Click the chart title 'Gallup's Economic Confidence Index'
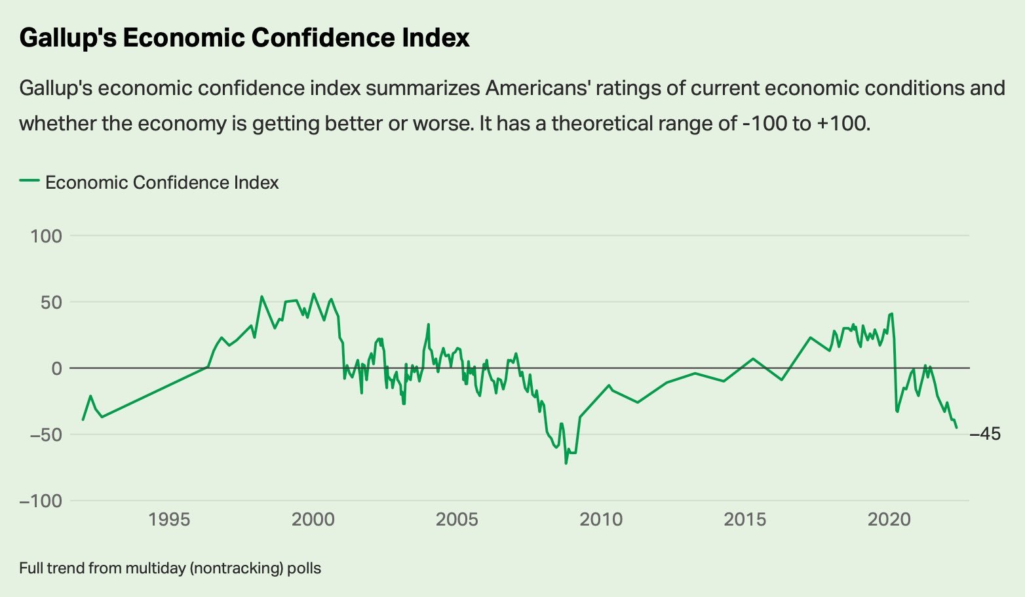coord(244,38)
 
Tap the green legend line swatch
coord(29,182)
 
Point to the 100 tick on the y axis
coord(46,236)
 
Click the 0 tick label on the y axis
coord(57,368)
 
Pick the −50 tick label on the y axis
coord(41,434)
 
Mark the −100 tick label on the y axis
coord(41,501)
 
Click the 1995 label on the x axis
coord(169,520)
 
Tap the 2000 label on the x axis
coord(313,520)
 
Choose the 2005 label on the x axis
coord(457,520)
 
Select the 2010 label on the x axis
coord(601,520)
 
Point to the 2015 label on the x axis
coord(745,520)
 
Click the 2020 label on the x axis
coord(889,520)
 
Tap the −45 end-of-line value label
coord(985,434)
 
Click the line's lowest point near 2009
coord(566,463)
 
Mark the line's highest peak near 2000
coord(313,294)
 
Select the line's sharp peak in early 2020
coord(892,313)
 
